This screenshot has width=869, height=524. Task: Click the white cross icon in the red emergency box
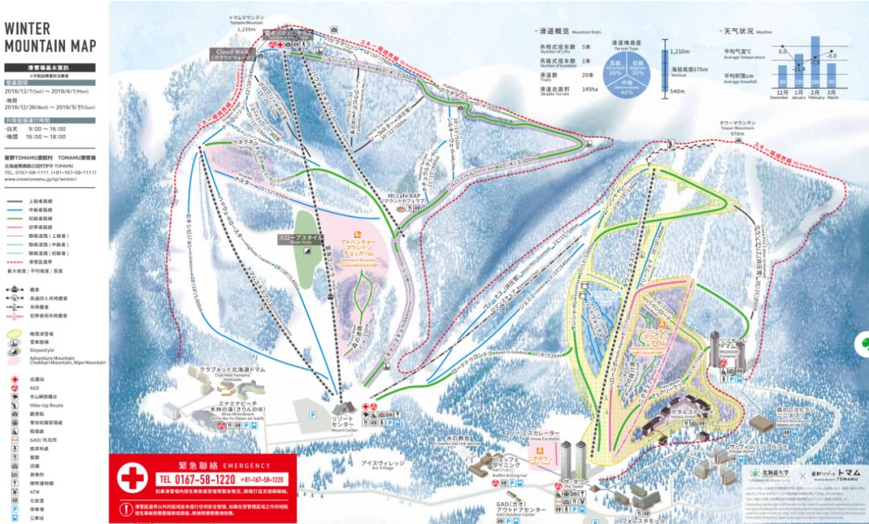point(133,479)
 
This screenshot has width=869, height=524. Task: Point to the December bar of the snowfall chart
point(781,78)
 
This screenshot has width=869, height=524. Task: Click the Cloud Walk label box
point(231,54)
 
